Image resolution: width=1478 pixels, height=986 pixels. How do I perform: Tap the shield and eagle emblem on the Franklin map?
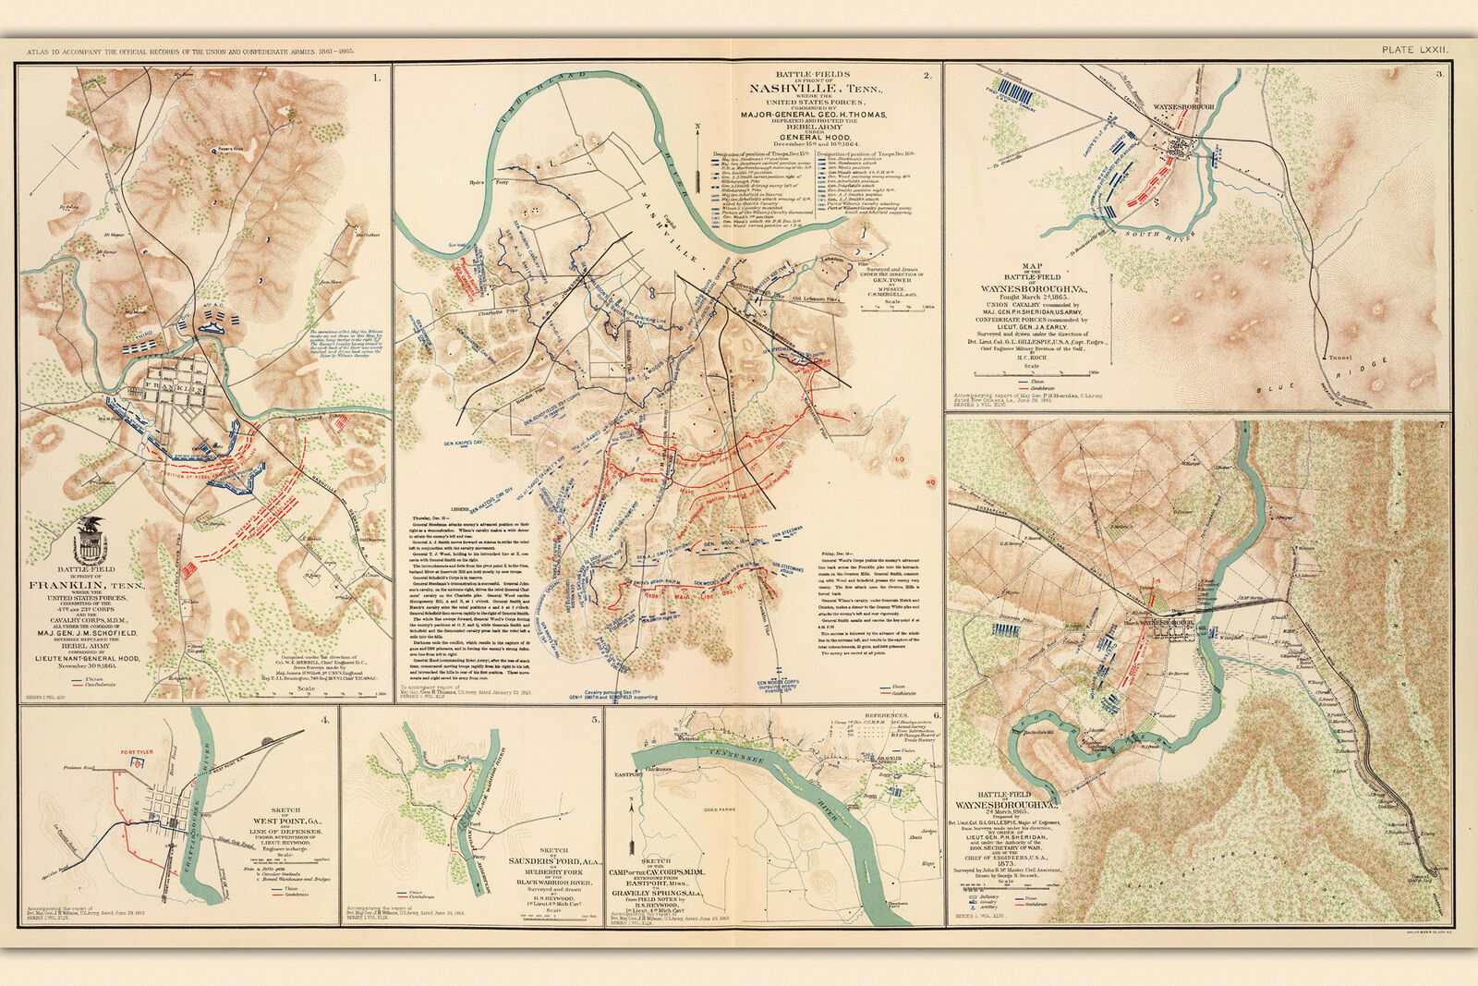90,541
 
